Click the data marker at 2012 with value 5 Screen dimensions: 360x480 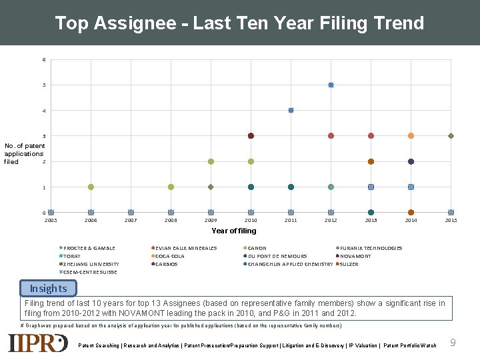pos(331,85)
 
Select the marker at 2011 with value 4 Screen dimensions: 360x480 pos(291,110)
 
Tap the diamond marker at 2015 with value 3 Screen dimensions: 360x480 pos(451,136)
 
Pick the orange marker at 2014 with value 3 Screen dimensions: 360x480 pos(411,136)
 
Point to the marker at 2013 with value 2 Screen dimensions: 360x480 pos(371,161)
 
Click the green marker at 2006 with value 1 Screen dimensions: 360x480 pos(91,187)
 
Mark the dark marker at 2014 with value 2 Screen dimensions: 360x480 pos(411,161)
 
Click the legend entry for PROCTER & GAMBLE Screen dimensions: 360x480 pos(88,248)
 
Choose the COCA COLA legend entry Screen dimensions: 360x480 pos(169,256)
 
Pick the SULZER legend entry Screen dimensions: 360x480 pos(348,264)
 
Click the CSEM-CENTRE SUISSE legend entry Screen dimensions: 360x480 pos(89,272)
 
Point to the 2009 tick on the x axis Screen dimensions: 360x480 pos(211,220)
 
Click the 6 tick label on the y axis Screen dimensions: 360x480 pos(44,60)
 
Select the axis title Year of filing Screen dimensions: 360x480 pos(233,231)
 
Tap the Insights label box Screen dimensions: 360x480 pos(48,289)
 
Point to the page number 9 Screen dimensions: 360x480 pos(453,343)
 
